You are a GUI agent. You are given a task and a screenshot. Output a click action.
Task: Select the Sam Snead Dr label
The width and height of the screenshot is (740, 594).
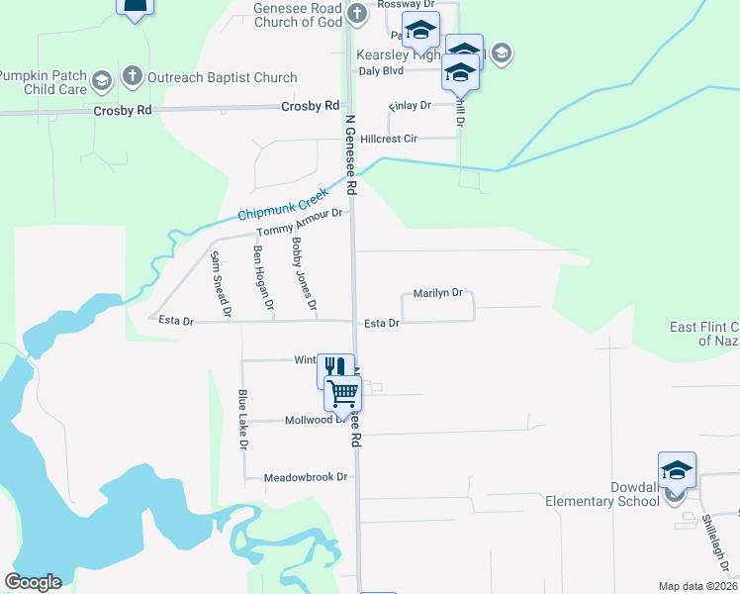pos(220,284)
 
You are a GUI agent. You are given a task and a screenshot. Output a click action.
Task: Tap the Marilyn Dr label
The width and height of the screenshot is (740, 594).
pos(437,293)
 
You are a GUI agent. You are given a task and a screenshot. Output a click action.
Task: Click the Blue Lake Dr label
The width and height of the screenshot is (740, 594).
pos(242,419)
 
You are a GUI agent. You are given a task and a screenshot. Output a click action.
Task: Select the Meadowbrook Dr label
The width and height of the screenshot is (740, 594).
pos(306,477)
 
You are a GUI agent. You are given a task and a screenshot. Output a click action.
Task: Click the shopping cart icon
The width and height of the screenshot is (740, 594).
pos(342,392)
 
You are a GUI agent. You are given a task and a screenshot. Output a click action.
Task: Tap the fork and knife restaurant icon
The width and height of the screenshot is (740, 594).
pos(335,369)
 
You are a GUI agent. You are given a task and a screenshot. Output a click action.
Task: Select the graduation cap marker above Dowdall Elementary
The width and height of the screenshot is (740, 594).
pos(677,469)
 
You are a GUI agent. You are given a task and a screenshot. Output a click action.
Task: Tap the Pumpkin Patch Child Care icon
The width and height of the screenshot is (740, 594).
pos(101,79)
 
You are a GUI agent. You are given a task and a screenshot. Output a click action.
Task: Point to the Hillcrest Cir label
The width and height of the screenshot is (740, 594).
pos(391,139)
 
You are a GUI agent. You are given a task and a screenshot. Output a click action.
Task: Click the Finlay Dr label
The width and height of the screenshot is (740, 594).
pos(411,105)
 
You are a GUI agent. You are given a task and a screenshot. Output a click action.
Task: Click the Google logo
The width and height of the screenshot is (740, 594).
pos(34,582)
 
